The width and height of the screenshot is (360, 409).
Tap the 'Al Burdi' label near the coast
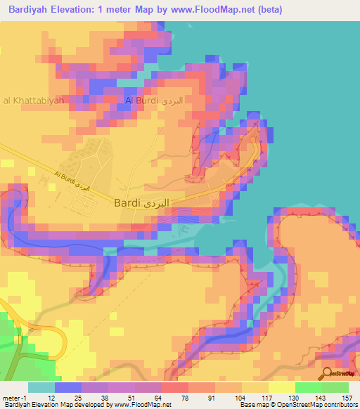153,101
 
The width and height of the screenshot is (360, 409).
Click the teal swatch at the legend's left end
41,387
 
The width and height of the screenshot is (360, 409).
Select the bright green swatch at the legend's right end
335,387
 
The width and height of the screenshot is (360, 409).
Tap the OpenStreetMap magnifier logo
328,374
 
